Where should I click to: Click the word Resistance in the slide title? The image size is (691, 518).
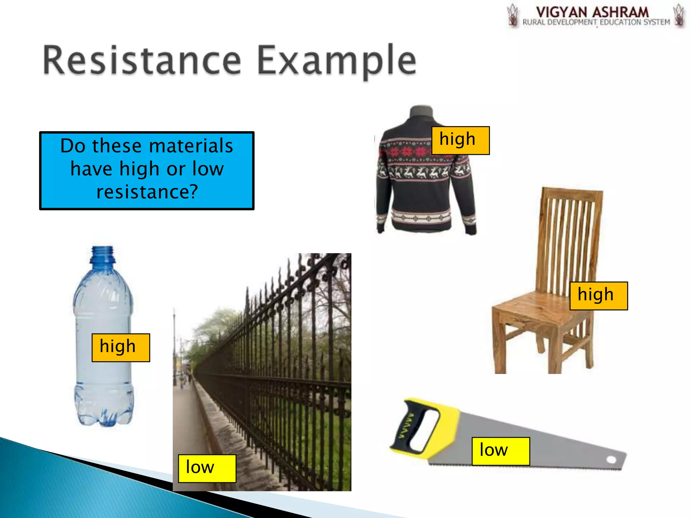[x=142, y=61]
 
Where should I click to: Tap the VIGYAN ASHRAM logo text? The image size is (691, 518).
[x=592, y=12]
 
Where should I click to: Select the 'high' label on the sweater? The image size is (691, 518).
[x=461, y=140]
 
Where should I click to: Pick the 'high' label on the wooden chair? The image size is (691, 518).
[x=599, y=296]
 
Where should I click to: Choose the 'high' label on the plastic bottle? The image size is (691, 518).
[x=120, y=348]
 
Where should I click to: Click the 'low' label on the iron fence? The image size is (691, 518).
[x=207, y=468]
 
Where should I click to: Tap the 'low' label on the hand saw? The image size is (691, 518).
[x=500, y=451]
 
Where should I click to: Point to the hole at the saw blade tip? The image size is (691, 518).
[x=611, y=460]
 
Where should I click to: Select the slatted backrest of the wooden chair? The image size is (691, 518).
[x=570, y=236]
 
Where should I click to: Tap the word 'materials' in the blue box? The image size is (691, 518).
[x=191, y=146]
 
